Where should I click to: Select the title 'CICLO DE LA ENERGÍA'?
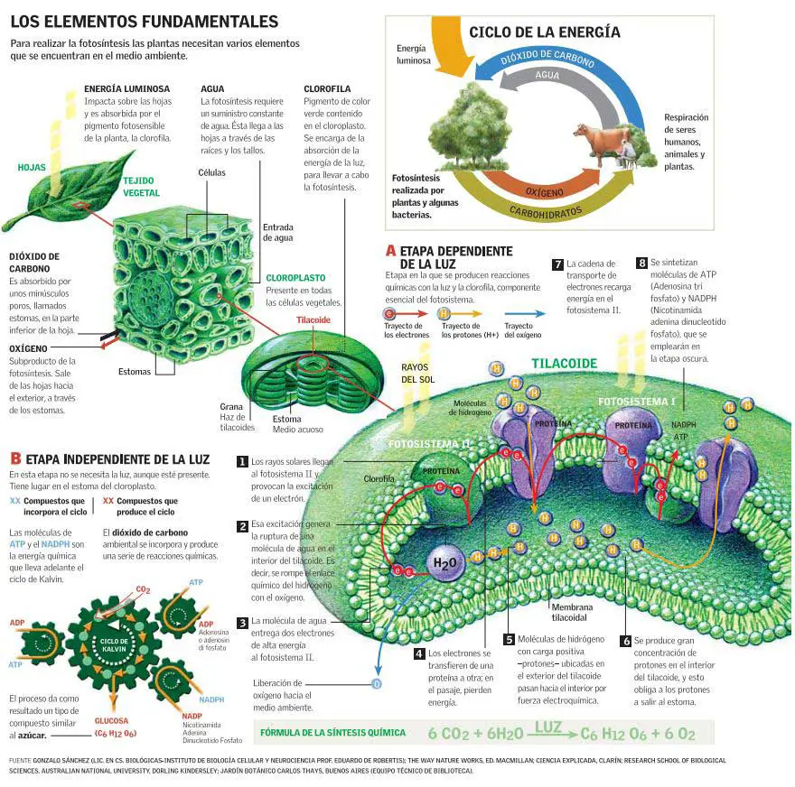pos(544,32)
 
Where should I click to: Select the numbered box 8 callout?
pos(641,263)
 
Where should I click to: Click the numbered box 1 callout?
pos(242,461)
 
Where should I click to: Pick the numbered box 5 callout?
pos(509,639)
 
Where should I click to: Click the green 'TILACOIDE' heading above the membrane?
pos(564,364)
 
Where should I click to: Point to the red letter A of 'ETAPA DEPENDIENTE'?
pos(390,251)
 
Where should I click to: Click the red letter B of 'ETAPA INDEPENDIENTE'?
pos(15,459)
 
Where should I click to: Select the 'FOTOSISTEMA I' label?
pos(637,401)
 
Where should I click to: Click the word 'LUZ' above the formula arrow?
pos(547,726)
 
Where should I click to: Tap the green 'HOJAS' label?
pos(32,167)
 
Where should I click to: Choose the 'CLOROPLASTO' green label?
pos(295,278)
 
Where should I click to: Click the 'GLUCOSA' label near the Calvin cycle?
pos(111,721)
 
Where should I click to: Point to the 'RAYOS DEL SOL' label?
pos(418,373)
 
